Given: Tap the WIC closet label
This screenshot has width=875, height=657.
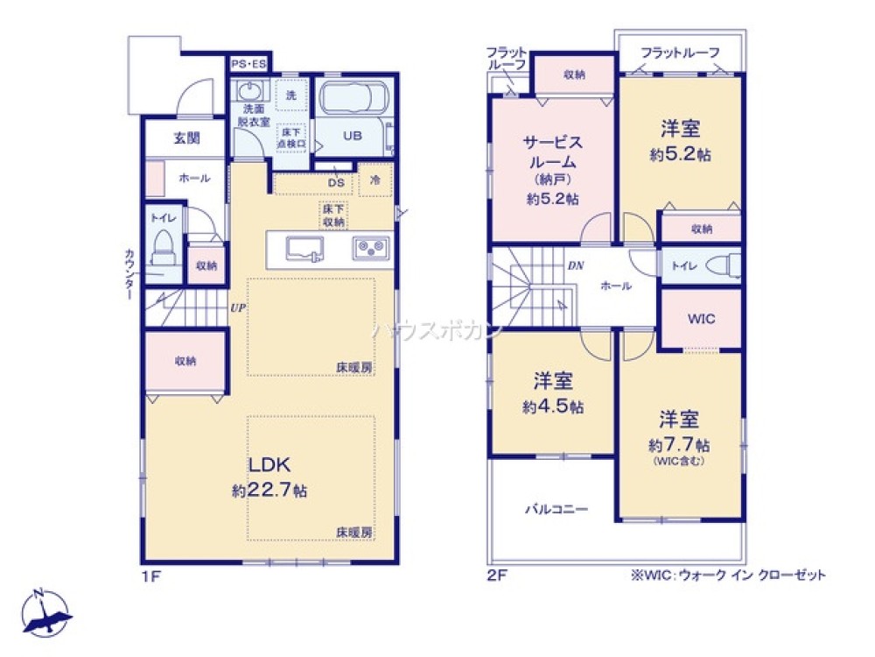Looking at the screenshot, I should pyautogui.click(x=700, y=319).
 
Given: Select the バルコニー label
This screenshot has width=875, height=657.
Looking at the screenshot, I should pyautogui.click(x=556, y=508).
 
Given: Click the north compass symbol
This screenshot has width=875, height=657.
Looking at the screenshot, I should pyautogui.click(x=46, y=611).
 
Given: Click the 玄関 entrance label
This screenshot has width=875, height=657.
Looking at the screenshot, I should pyautogui.click(x=185, y=138).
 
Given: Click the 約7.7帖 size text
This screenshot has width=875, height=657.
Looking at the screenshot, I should pyautogui.click(x=679, y=444).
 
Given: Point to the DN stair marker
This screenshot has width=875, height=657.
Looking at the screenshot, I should pyautogui.click(x=575, y=265).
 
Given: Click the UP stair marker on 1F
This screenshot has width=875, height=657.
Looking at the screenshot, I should pyautogui.click(x=237, y=307).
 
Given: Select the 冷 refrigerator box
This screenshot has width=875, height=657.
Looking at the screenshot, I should pyautogui.click(x=374, y=180).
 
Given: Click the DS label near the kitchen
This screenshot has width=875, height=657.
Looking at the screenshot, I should pyautogui.click(x=335, y=183).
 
